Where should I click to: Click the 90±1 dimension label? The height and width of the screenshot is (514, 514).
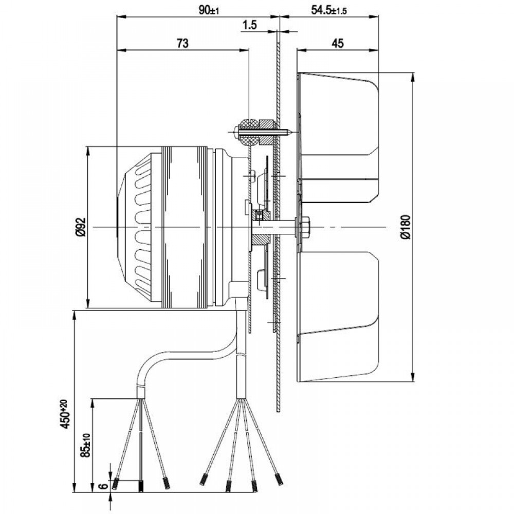(x=209, y=10)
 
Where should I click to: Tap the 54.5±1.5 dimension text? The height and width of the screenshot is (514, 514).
(x=329, y=10)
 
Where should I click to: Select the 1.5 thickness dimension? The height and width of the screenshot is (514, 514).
(x=250, y=25)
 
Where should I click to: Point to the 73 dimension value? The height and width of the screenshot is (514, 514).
(x=182, y=43)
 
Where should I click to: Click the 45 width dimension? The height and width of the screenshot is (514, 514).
(x=338, y=43)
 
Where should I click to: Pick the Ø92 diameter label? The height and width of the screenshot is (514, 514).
(x=81, y=227)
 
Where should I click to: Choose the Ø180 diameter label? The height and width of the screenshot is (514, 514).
(x=406, y=227)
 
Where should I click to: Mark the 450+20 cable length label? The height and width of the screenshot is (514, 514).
(x=65, y=414)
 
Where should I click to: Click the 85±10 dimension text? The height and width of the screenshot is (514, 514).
(x=86, y=445)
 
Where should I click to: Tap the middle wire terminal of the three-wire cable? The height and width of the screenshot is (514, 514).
(x=141, y=486)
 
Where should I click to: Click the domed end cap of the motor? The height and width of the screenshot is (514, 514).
(x=134, y=227)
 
